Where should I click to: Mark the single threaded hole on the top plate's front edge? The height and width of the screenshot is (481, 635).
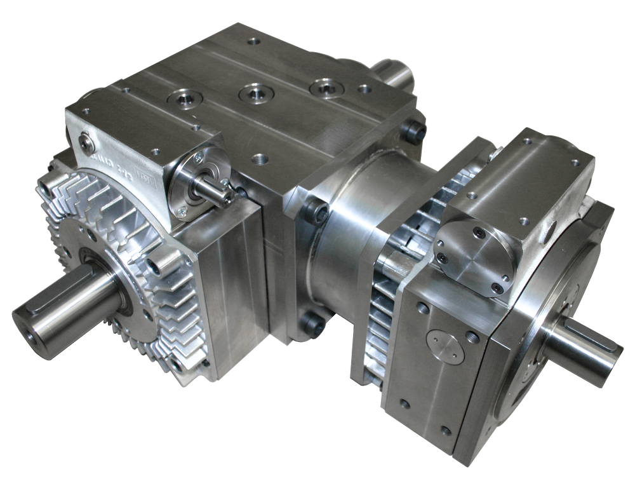[258, 155]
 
